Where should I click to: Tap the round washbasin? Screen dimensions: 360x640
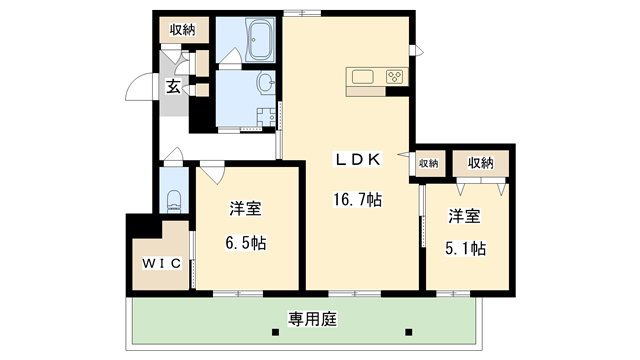(265, 82)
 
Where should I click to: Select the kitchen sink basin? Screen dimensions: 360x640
(361, 77)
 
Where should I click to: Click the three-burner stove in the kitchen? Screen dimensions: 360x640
(393, 76)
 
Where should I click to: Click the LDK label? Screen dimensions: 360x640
(356, 158)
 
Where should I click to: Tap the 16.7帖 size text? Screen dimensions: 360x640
(357, 200)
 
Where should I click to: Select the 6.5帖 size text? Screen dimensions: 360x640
(245, 243)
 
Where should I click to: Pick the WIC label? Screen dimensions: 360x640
(157, 264)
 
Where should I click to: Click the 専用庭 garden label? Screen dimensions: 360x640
(311, 320)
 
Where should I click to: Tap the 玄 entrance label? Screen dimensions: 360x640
(173, 87)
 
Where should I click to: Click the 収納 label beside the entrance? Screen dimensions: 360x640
(183, 29)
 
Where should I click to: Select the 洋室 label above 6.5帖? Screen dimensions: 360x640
(245, 209)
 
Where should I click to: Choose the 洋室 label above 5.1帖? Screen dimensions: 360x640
(465, 215)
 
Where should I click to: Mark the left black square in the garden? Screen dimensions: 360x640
(276, 331)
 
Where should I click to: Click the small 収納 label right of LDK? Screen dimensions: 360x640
(428, 163)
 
